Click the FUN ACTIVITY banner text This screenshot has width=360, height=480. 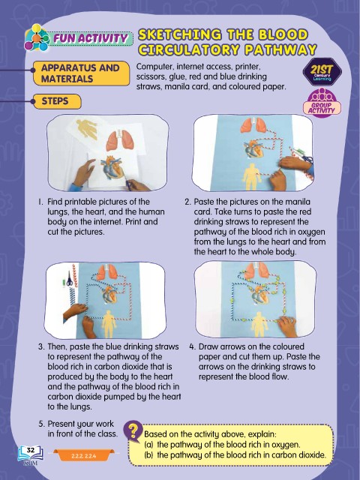tap(90, 38)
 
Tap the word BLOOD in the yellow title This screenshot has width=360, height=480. tap(283, 34)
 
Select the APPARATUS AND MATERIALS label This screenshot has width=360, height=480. tap(81, 73)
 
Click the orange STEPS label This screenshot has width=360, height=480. tap(57, 101)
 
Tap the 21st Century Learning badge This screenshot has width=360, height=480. tap(322, 72)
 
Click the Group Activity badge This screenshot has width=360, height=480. tap(322, 102)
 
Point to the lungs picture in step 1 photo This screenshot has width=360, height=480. tap(119, 139)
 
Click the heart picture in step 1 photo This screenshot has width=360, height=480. tap(112, 168)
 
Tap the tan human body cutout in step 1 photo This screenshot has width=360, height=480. tap(87, 128)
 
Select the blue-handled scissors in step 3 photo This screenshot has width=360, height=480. tap(70, 278)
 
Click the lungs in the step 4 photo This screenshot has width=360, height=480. tap(256, 271)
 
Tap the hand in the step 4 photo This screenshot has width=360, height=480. tap(287, 325)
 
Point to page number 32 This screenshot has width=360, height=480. tap(31, 450)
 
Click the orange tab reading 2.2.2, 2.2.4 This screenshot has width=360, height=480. tap(84, 455)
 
